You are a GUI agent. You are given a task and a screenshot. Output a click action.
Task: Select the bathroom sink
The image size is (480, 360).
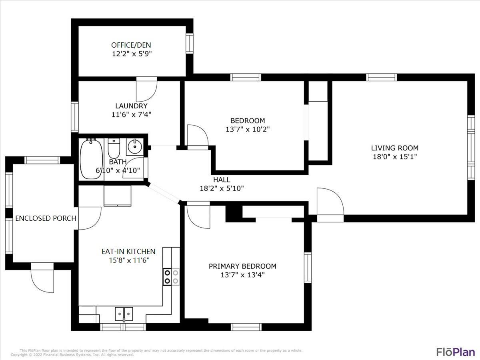coord(135,147)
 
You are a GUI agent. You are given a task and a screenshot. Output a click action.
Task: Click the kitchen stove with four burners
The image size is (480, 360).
coord(171,277)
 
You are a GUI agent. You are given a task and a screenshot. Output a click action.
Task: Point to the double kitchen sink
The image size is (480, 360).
coord(124,313)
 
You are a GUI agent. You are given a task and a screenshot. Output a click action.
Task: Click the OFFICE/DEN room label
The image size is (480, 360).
coord(131,45)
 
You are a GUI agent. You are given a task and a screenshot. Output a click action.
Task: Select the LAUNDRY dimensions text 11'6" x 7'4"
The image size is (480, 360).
coord(131,114)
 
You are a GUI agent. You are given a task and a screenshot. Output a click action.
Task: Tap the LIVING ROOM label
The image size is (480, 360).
coord(394,148)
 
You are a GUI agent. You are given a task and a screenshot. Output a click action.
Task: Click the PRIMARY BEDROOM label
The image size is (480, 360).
coord(242,266)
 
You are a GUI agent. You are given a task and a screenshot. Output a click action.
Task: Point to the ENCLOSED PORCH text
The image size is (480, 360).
coord(46,218)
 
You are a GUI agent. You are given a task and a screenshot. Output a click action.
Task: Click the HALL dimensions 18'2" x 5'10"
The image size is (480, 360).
coord(222,188)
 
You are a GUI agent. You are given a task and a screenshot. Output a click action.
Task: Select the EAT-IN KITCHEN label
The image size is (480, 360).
coord(128,252)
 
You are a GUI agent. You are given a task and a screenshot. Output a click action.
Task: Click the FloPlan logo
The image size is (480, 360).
coord(455,352)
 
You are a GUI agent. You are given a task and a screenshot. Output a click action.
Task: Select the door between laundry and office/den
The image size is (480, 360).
coord(146,89)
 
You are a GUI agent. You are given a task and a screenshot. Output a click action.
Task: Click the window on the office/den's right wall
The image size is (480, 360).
coord(190,44)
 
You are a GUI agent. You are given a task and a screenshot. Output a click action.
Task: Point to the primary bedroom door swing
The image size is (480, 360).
coord(198,216)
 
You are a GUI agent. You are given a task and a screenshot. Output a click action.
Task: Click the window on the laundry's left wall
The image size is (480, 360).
coord(75,117)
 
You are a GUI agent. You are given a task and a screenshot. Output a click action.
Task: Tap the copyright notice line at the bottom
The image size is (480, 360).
coord(72,355)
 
